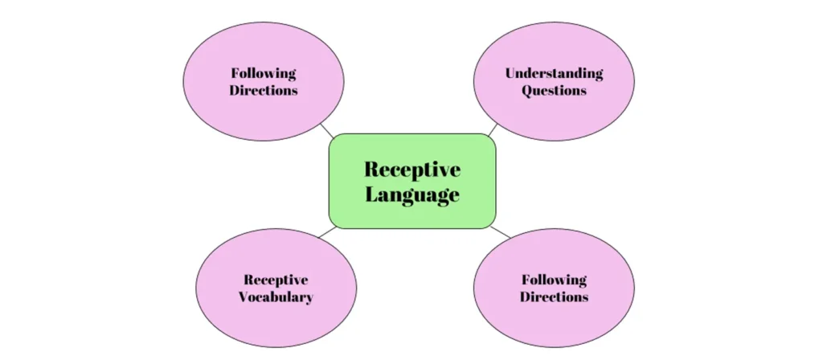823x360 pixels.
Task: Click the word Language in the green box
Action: click(412, 194)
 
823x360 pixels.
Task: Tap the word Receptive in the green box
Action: click(412, 170)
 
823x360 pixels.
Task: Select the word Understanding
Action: click(554, 73)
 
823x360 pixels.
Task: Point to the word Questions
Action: click(554, 90)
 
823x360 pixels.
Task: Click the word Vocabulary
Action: click(276, 297)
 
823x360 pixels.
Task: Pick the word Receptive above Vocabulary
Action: click(276, 280)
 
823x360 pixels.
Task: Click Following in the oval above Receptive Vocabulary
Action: click(264, 73)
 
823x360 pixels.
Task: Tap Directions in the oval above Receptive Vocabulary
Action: click(264, 90)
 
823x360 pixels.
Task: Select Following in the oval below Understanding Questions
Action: click(554, 280)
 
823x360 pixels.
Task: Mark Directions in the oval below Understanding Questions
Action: click(554, 297)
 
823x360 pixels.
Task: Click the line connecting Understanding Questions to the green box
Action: click(493, 130)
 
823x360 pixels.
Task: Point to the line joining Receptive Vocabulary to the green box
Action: click(328, 232)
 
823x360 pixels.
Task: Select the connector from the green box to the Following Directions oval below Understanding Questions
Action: click(500, 232)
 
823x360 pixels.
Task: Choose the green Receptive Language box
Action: click(412, 181)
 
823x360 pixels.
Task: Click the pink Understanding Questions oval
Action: click(554, 81)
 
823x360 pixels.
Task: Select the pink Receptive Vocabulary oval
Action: click(276, 288)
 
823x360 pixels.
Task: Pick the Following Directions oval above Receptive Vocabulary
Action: click(264, 81)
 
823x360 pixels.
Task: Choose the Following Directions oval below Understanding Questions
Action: click(554, 288)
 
